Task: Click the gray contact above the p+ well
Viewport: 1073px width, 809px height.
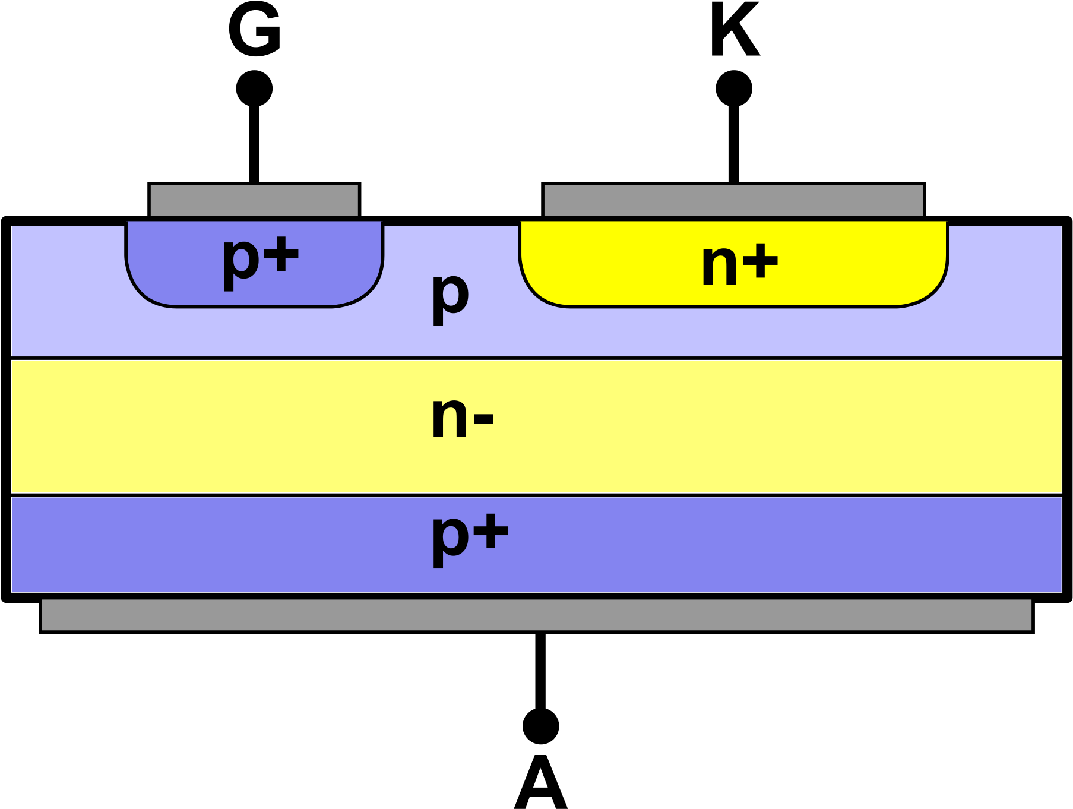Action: click(x=254, y=201)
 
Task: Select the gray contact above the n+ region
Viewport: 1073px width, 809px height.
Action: click(x=733, y=201)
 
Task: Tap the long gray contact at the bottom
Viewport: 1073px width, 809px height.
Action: click(x=536, y=615)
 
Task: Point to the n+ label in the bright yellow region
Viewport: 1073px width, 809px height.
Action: click(x=739, y=264)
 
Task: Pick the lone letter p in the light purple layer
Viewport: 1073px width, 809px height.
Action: click(x=450, y=297)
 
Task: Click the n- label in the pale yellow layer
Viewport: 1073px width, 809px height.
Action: click(x=462, y=417)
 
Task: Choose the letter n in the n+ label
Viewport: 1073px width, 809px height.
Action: click(x=719, y=266)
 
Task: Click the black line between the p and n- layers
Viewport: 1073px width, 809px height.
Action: click(x=536, y=358)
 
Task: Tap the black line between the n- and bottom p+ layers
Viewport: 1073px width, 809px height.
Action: click(x=536, y=494)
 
